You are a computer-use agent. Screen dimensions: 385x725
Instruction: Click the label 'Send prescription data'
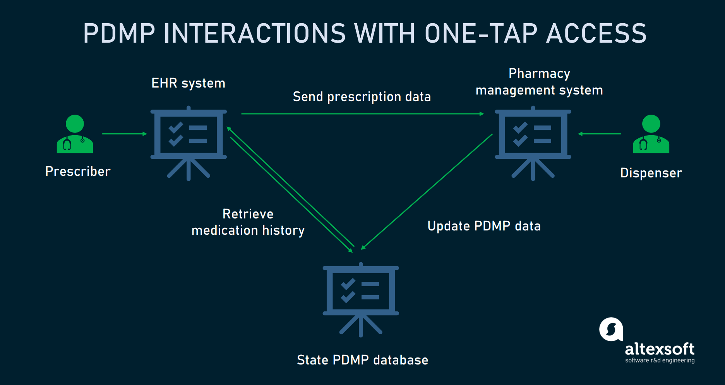pyautogui.click(x=362, y=97)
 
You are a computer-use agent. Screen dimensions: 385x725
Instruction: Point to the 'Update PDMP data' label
pyautogui.click(x=484, y=226)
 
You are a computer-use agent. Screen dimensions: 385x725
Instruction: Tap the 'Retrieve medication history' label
pyautogui.click(x=248, y=222)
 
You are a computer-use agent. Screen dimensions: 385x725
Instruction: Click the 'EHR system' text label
pyautogui.click(x=188, y=83)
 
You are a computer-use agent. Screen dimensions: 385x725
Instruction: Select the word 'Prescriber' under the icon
pyautogui.click(x=78, y=171)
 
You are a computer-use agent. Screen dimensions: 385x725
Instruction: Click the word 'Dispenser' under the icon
pyautogui.click(x=651, y=173)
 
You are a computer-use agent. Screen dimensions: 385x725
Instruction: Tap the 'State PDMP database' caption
pyautogui.click(x=362, y=360)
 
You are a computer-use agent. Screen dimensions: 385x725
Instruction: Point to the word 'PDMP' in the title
pyautogui.click(x=119, y=33)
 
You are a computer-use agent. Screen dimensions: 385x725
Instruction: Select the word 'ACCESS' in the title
pyautogui.click(x=596, y=33)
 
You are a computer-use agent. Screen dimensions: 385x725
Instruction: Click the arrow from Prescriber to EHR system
pyautogui.click(x=124, y=134)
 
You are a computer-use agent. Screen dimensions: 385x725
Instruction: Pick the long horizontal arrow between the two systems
pyautogui.click(x=362, y=114)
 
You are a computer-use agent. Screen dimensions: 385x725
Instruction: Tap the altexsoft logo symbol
pyautogui.click(x=611, y=330)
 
